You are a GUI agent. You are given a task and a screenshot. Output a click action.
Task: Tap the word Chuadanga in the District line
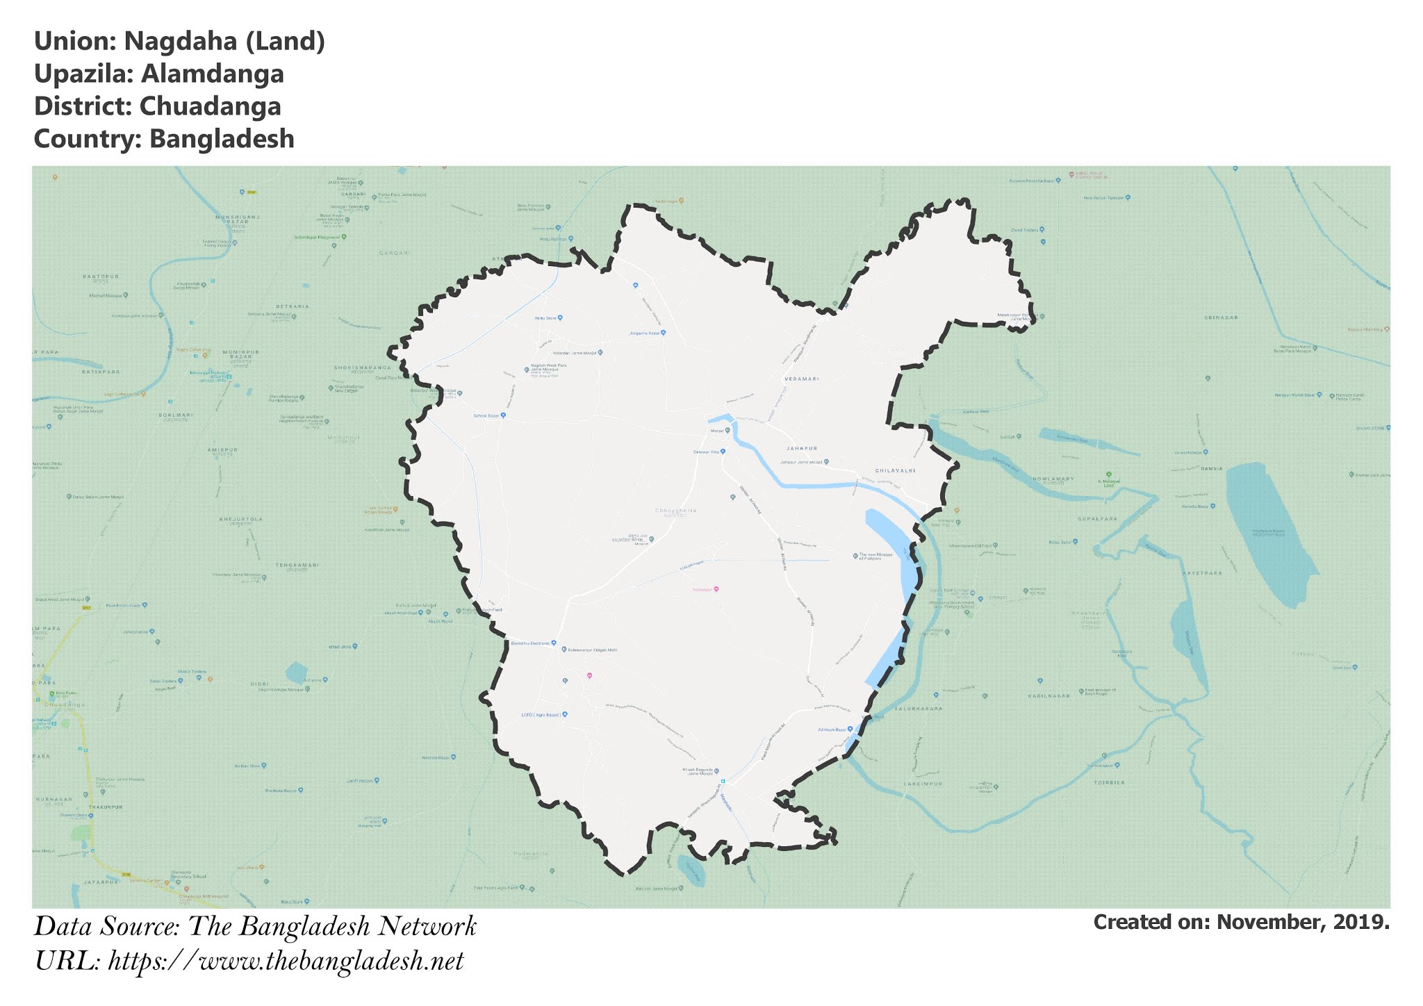pos(210,106)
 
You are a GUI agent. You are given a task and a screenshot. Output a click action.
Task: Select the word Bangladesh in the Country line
pos(222,139)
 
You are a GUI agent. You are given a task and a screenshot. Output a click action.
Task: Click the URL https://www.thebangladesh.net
pos(286,962)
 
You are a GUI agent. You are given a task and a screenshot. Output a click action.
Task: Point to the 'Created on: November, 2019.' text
pos(1241,923)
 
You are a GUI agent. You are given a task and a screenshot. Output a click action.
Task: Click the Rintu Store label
pos(545,318)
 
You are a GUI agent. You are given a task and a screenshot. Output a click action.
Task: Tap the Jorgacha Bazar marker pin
pos(663,333)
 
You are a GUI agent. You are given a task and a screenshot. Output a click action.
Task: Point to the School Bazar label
pos(487,415)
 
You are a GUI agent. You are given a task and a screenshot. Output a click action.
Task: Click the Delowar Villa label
pos(705,452)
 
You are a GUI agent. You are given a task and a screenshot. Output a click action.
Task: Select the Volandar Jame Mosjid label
pos(573,353)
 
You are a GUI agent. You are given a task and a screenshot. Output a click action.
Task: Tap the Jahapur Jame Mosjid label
pos(800,462)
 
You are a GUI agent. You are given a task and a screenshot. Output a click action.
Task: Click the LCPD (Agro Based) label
pos(541,714)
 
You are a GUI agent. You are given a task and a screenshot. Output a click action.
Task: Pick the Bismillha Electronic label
pos(530,643)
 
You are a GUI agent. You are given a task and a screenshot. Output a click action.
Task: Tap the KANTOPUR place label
pos(101,277)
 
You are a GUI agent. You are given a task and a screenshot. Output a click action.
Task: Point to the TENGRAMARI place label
pos(297,565)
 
